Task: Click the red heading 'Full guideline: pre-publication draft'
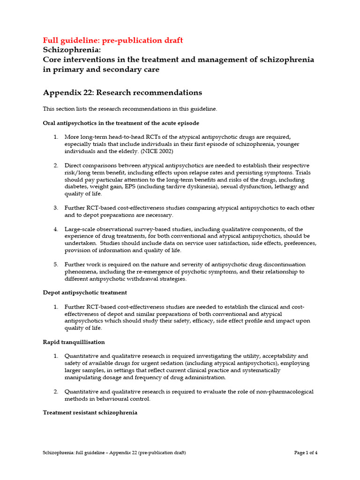point(113,40)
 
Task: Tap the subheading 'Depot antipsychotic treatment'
point(85,292)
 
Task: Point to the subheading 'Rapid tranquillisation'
point(74,342)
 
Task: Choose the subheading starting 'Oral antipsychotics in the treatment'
point(121,123)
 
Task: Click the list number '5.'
point(55,264)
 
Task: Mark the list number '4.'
point(55,229)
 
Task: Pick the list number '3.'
point(55,208)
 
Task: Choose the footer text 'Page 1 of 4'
point(306,453)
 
